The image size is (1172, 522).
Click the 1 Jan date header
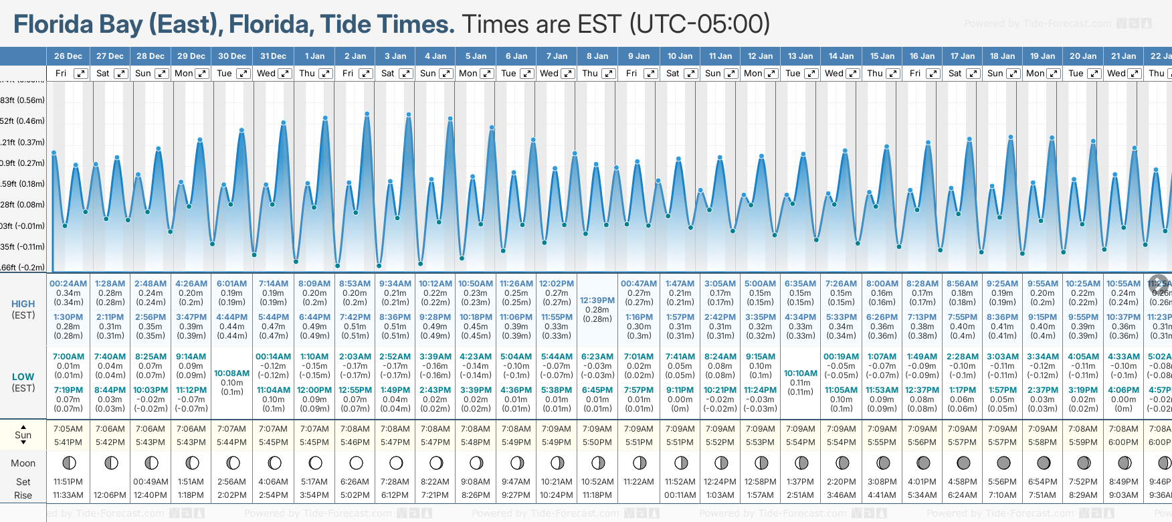tap(314, 56)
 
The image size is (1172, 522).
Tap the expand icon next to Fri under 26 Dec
tap(80, 74)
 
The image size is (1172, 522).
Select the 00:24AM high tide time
tap(68, 284)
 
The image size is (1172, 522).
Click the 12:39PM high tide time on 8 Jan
tap(597, 300)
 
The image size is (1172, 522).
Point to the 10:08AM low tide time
tap(232, 373)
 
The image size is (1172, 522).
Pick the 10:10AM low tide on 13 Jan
tap(800, 373)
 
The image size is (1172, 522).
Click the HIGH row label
tap(23, 304)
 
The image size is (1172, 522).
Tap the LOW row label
tap(23, 377)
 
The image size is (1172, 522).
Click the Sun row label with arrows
tap(23, 435)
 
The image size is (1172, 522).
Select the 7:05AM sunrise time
tap(68, 429)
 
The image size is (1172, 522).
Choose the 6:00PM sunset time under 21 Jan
tap(1123, 442)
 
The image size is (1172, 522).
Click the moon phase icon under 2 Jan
tap(356, 462)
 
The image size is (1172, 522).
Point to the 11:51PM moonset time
tap(68, 482)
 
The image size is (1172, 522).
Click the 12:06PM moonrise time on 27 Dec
tap(110, 495)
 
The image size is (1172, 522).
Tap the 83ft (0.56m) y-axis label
tap(23, 100)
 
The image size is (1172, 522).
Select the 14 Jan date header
tap(842, 56)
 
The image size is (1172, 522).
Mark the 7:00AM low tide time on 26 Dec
tap(68, 357)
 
